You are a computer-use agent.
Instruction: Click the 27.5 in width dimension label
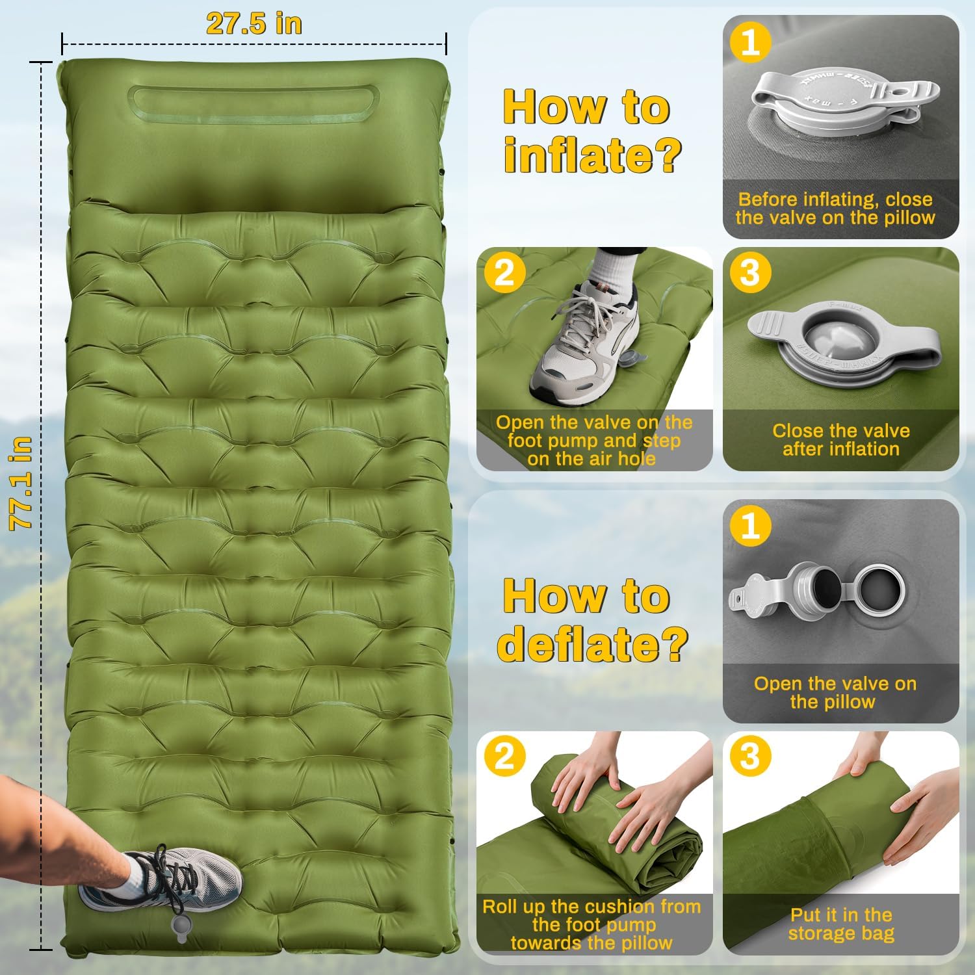tap(254, 24)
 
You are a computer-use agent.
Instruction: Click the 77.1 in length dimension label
tap(21, 483)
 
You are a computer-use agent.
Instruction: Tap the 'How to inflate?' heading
tap(591, 131)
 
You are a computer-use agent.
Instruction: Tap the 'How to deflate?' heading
tap(591, 619)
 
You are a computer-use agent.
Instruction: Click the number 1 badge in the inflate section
tap(750, 43)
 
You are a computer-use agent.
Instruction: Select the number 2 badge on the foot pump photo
tap(504, 273)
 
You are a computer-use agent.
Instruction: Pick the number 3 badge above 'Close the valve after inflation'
tap(750, 273)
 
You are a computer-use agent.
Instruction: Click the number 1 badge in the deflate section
tap(750, 525)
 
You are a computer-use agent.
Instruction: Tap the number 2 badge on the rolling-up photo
tap(504, 757)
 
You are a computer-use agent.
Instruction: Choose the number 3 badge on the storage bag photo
tap(750, 757)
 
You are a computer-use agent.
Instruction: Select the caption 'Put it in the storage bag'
tap(841, 924)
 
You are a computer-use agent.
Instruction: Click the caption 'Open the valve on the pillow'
tap(835, 692)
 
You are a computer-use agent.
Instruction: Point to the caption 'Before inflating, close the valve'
tap(835, 208)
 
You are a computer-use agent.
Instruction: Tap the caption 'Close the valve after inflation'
tap(841, 440)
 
